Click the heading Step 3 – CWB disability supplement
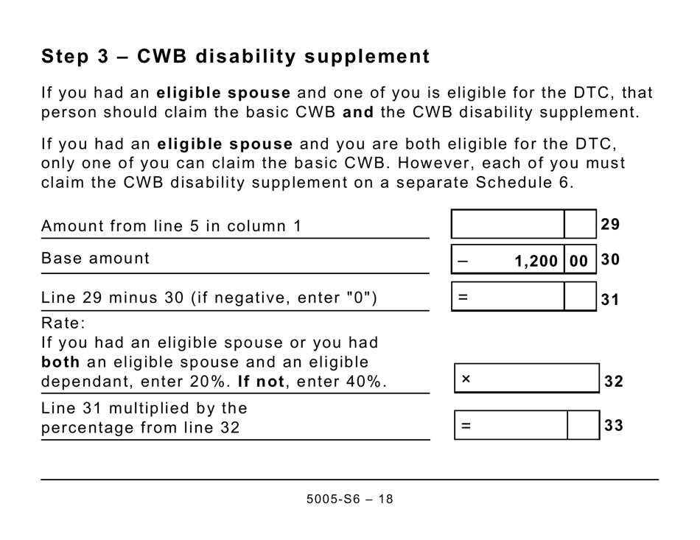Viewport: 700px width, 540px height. click(236, 57)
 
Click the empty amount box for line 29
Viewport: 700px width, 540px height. click(508, 224)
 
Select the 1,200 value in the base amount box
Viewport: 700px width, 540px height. click(536, 260)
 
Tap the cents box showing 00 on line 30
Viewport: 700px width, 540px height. click(579, 260)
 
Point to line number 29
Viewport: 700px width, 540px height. click(610, 224)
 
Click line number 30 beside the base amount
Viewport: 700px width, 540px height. click(610, 259)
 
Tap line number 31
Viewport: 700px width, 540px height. click(610, 300)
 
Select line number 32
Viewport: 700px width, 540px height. click(614, 382)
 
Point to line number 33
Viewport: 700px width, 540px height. click(614, 425)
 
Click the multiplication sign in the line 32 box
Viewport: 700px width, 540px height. click(466, 379)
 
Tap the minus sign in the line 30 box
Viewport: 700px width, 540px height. click(462, 260)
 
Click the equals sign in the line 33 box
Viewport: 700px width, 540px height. click(466, 425)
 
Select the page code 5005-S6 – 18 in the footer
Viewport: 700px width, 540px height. click(350, 499)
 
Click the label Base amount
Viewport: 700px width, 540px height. click(95, 259)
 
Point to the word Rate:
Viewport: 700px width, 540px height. click(63, 323)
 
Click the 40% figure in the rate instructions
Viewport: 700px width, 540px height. click(371, 382)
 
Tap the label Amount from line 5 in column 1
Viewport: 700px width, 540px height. click(171, 226)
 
